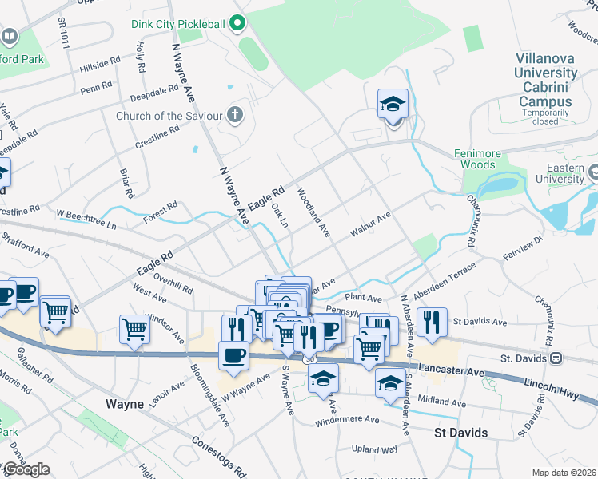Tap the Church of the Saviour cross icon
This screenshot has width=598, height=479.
pyautogui.click(x=234, y=116)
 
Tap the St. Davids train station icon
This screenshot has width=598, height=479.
pyautogui.click(x=555, y=358)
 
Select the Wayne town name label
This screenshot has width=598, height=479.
pyautogui.click(x=125, y=404)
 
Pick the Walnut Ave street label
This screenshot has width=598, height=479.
pyautogui.click(x=370, y=225)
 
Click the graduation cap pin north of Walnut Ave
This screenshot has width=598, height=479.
pyautogui.click(x=393, y=105)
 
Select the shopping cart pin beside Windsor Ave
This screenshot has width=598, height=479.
pyautogui.click(x=134, y=328)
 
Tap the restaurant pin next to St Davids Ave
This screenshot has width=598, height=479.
pyautogui.click(x=432, y=322)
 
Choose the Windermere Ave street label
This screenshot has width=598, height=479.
pyautogui.click(x=346, y=419)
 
